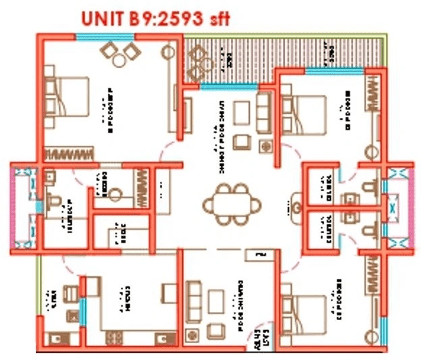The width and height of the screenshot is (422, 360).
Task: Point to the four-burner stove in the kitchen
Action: pos(115,336)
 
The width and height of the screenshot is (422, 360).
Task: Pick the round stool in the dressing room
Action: pos(115,195)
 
